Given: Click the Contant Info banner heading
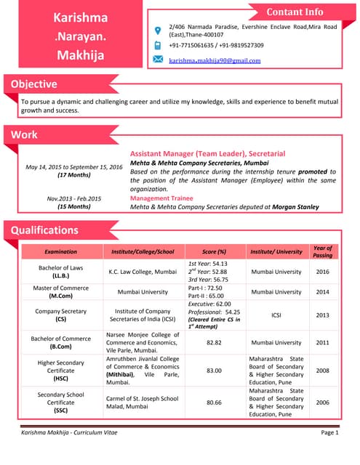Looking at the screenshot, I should pos(295,12).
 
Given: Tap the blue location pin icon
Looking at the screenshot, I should pos(158,31).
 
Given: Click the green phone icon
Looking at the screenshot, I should pos(158,45).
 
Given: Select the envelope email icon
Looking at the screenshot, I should pos(158,60).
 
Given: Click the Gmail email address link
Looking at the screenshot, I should pos(215,60).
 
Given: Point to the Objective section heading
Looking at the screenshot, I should pos(33,84).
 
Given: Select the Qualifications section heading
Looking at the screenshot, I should pos(44,230).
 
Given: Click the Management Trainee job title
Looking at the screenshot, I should pos(166,198).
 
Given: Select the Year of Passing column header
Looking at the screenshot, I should pos(322,251).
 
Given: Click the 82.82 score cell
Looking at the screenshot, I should pos(214,342).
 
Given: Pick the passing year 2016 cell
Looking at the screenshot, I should pos(322,271).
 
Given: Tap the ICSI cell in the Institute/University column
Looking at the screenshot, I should pos(276,315).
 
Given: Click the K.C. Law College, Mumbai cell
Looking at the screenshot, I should pos(143,271).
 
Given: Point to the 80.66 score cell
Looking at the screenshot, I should pos(214,402).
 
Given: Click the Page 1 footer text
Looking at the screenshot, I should pos(329,432).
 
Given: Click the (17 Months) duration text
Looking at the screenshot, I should pos(73,176).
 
